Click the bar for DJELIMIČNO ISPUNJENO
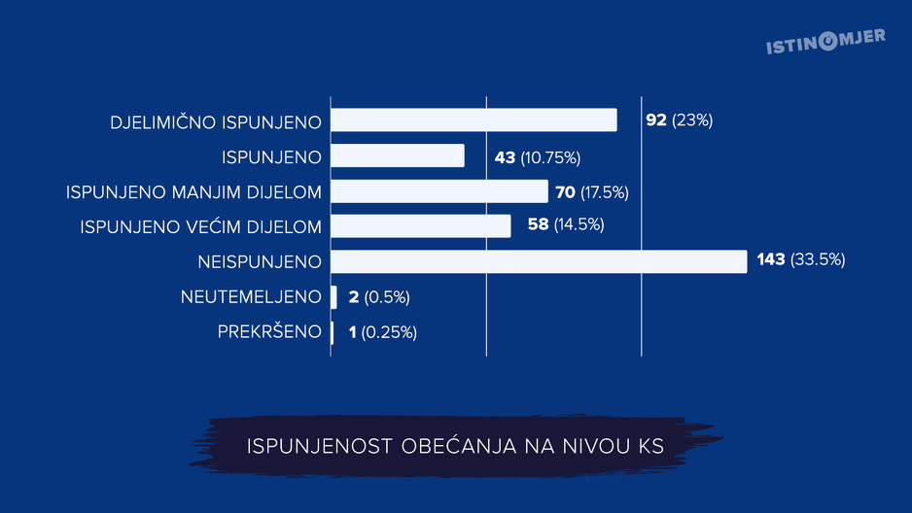(474, 120)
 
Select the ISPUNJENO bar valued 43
(398, 155)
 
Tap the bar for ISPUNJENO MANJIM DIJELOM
(439, 191)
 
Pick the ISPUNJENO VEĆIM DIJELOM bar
(420, 225)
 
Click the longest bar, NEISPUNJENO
(539, 261)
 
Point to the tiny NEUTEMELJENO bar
(333, 296)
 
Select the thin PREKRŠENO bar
(332, 332)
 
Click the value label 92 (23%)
(679, 120)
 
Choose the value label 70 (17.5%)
(592, 191)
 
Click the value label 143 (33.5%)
(801, 260)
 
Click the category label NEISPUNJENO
(259, 261)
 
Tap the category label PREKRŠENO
(269, 332)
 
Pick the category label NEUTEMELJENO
(251, 296)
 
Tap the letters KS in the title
(650, 446)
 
